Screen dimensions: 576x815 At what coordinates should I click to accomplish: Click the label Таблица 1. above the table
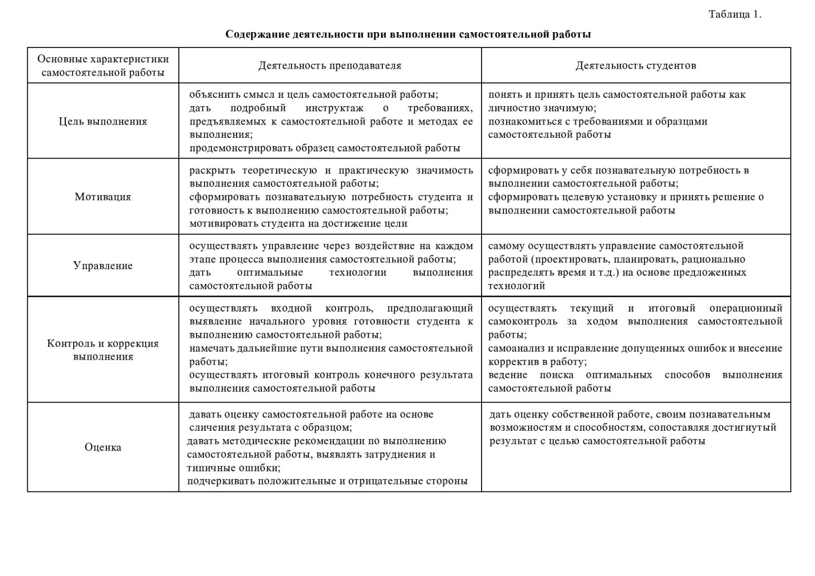point(734,14)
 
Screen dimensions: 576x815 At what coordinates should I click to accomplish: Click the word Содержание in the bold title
point(257,34)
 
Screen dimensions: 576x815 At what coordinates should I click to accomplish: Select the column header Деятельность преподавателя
point(329,65)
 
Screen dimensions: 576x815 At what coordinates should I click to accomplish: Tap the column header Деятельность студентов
point(636,65)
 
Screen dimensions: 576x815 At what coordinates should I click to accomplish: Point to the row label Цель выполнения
point(103,121)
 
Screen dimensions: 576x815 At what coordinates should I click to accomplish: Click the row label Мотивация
point(103,197)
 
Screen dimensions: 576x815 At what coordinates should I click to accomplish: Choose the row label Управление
point(103,265)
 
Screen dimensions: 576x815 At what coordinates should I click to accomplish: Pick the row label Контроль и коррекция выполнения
point(103,350)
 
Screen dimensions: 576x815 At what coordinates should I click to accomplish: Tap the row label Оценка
point(103,447)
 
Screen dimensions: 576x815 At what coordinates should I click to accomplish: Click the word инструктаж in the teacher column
point(334,108)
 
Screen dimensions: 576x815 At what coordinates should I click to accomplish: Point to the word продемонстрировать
point(241,148)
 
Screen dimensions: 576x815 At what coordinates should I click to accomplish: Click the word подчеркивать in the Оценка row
point(220,481)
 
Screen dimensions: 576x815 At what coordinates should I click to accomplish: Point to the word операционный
point(745,308)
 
